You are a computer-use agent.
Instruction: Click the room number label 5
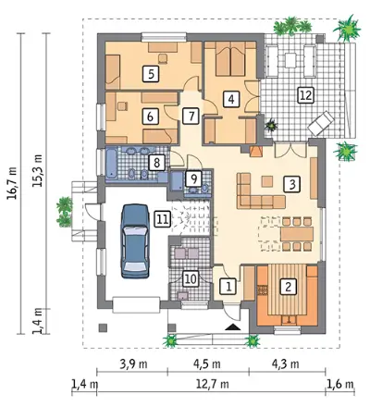[x=151, y=74]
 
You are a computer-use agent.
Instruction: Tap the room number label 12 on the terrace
[x=305, y=95]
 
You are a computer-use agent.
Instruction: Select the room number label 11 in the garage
[x=163, y=219]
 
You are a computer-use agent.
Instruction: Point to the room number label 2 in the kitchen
[x=289, y=287]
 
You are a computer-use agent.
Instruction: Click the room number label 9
[x=193, y=178]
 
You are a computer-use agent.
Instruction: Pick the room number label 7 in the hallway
[x=191, y=117]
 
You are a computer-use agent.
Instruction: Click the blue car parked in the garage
[x=135, y=241]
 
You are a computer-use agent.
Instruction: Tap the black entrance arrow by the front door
[x=232, y=327]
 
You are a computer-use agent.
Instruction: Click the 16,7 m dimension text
[x=13, y=188]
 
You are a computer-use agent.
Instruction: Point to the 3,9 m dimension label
[x=133, y=364]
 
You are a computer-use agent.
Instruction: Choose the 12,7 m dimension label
[x=213, y=385]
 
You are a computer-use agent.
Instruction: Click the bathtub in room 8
[x=112, y=164]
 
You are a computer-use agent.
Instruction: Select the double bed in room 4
[x=230, y=58]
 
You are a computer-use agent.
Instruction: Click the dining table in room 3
[x=297, y=234]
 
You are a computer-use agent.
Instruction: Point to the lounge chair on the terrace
[x=321, y=123]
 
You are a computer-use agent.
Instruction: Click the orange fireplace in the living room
[x=255, y=152]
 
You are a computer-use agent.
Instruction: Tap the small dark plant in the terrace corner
[x=272, y=126]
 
